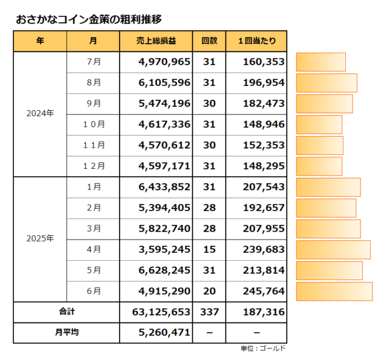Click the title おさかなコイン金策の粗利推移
89,19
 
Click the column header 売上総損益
156,41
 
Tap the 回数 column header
209,41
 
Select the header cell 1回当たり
256,41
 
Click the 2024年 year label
40,114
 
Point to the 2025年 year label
40,238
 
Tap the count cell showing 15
209,249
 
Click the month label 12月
93,166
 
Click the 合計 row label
67,312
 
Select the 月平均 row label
67,332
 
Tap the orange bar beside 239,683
333,249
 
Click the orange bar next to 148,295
319,166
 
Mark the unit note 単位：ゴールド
263,348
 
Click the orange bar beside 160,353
321,62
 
